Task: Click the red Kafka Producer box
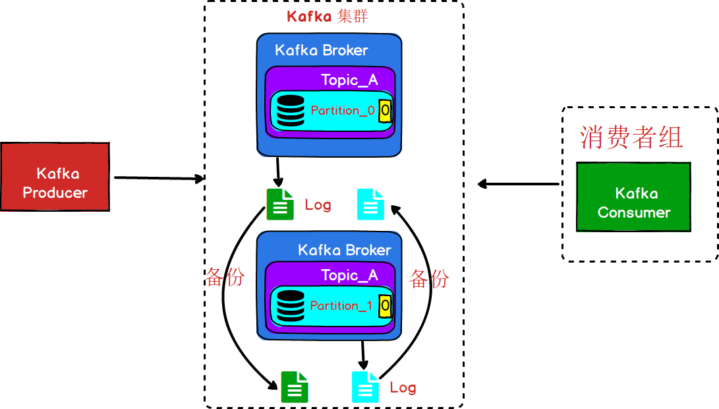55,177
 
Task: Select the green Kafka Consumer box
633,197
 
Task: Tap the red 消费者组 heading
631,137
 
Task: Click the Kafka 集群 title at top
328,16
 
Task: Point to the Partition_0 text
342,110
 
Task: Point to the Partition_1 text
341,305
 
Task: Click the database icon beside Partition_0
291,111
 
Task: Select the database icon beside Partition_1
291,305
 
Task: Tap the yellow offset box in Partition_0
386,110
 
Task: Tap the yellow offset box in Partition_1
386,305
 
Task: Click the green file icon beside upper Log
280,204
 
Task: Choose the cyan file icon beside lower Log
366,387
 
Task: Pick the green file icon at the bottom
295,387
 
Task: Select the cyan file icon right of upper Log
370,204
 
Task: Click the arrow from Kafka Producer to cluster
158,178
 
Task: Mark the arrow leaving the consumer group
518,184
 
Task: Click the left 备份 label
225,276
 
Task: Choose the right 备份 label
429,278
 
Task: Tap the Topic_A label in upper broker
349,80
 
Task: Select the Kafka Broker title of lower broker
344,250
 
